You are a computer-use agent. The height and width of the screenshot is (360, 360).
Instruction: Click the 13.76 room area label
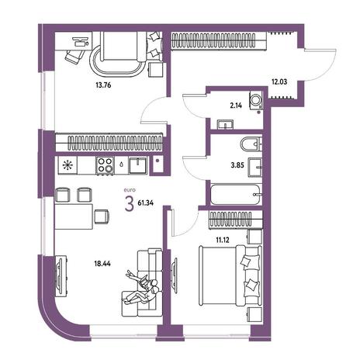[x=103, y=85]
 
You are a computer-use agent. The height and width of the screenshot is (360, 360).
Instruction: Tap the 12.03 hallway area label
[x=279, y=82]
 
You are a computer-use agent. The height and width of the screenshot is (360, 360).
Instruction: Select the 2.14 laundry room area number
[x=236, y=106]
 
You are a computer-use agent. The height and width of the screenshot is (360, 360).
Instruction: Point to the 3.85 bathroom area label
[x=237, y=165]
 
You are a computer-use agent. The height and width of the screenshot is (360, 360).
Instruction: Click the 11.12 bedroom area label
[x=223, y=241]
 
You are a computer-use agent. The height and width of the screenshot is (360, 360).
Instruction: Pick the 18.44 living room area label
[x=102, y=264]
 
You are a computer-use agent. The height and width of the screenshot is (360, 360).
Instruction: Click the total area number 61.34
[x=146, y=203]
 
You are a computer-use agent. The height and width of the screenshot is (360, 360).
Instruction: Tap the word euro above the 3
[x=130, y=190]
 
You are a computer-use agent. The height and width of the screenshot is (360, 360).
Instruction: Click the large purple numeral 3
[x=130, y=204]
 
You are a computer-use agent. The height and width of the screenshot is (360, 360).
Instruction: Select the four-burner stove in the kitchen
[x=106, y=165]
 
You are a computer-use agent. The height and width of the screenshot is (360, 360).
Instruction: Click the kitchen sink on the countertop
[x=138, y=165]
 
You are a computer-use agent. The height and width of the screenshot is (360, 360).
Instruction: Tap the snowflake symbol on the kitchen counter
[x=67, y=165]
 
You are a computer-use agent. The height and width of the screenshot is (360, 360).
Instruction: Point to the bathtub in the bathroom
[x=235, y=195]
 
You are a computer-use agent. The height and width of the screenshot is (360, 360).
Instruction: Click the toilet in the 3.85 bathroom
[x=251, y=144]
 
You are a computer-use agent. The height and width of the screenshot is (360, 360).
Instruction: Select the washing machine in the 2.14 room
[x=256, y=100]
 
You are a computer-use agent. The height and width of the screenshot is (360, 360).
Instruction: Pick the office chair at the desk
[x=75, y=56]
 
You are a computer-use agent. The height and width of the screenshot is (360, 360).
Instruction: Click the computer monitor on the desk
[x=81, y=41]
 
